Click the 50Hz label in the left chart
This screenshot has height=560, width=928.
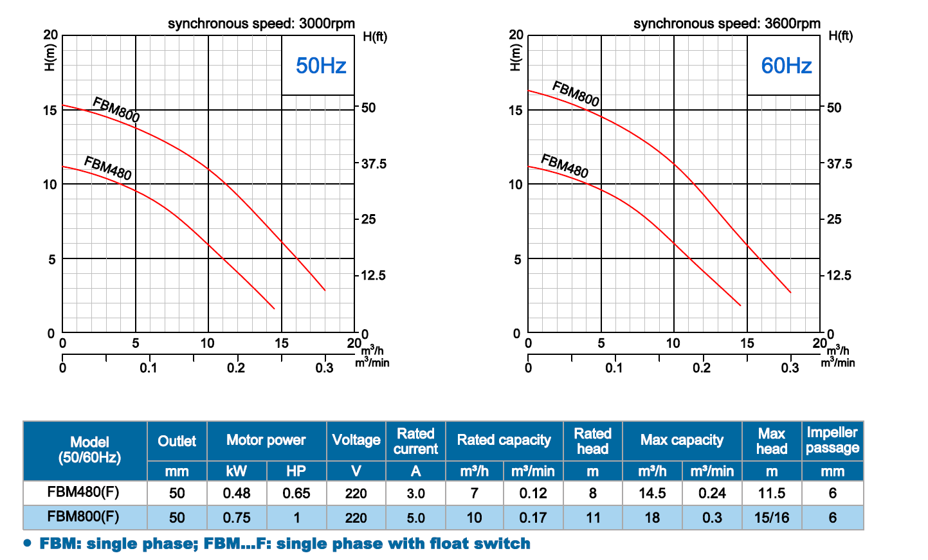(321, 66)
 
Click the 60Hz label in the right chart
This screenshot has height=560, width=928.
(786, 66)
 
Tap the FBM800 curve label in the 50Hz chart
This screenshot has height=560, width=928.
(116, 109)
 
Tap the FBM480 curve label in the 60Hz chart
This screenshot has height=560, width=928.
(565, 166)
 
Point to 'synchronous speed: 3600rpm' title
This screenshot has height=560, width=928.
(727, 24)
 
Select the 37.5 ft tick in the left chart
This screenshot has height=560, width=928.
(374, 164)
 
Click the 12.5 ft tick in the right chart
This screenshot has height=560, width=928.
(839, 276)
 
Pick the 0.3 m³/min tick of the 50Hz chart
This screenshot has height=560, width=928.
(325, 368)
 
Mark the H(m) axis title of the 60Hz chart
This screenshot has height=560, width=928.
(514, 57)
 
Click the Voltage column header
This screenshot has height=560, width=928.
(356, 440)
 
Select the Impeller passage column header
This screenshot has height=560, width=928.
(832, 440)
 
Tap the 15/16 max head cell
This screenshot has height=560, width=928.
(771, 518)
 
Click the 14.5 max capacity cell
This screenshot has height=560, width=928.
(652, 493)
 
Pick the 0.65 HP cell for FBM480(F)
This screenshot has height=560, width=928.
(296, 493)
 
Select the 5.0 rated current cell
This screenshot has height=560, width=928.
(415, 518)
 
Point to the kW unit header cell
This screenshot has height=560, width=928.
(236, 471)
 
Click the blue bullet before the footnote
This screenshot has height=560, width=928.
(27, 543)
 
